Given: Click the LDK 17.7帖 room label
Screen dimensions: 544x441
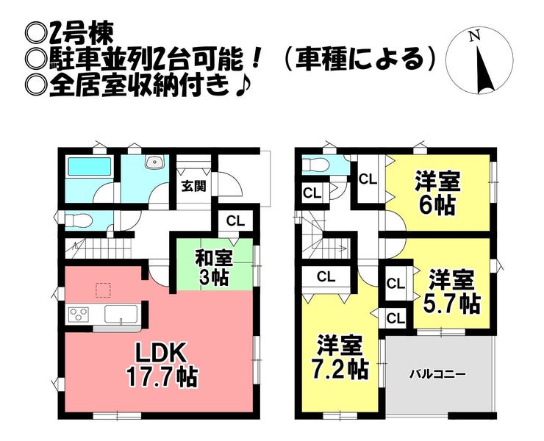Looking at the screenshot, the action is (162, 365).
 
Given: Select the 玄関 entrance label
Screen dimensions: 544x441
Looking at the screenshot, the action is (194, 187).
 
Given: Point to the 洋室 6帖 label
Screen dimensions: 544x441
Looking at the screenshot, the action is (438, 194).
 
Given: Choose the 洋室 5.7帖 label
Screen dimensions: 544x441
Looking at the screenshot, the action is (451, 292).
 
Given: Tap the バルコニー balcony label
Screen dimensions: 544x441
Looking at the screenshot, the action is (437, 374).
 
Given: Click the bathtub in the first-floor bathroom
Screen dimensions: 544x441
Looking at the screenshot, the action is (90, 167).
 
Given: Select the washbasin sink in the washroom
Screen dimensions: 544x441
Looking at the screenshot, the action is (154, 162).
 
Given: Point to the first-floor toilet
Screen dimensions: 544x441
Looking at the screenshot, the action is (79, 220).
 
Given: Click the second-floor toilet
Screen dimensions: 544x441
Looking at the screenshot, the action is (315, 164).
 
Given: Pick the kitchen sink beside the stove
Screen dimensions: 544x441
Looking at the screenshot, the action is (121, 314).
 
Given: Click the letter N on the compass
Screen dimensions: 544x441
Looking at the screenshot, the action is (474, 36).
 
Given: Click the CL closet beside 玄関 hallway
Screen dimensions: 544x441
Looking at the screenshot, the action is (235, 221).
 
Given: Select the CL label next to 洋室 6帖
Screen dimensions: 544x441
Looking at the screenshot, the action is (368, 180).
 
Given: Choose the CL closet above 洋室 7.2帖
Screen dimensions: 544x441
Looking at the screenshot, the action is (326, 277).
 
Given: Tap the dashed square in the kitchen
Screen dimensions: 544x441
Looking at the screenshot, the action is (103, 290).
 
